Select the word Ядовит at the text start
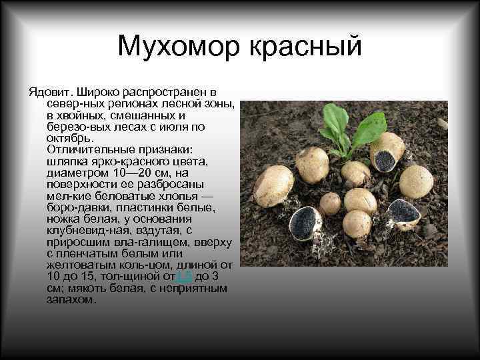49,91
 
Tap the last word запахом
71,300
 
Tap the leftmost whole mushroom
273,185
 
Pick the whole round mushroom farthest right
416,181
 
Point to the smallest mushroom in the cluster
330,203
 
